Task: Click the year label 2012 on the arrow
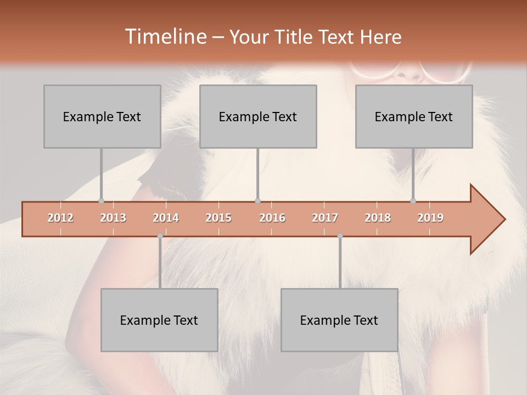pos(60,218)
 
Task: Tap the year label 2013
pos(113,218)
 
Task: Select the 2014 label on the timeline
pos(166,218)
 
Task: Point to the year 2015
pos(218,218)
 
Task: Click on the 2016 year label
pos(272,218)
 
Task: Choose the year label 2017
pos(325,218)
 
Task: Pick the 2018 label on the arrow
pos(378,218)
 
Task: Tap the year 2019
pos(430,218)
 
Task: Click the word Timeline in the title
pos(165,37)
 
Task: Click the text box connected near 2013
pos(102,116)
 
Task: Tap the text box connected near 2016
pos(258,116)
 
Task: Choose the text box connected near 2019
pos(414,116)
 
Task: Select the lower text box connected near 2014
pos(159,320)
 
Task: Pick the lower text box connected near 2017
pos(339,320)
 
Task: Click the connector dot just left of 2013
pos(101,201)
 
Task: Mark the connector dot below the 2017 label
pos(340,236)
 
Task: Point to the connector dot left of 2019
pos(413,201)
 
